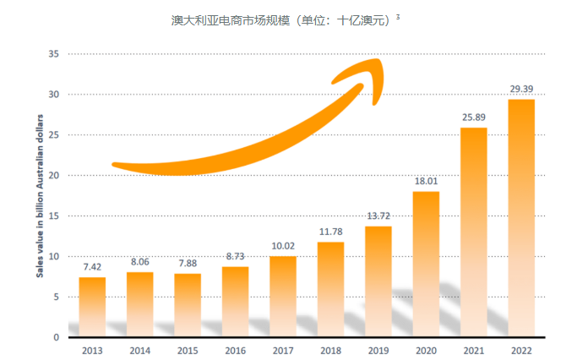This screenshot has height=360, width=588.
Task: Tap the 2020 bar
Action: pyautogui.click(x=426, y=264)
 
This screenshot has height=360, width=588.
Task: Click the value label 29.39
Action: pyautogui.click(x=520, y=89)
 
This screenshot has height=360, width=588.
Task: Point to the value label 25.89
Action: pyautogui.click(x=473, y=117)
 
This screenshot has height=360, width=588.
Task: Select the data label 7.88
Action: pyautogui.click(x=188, y=263)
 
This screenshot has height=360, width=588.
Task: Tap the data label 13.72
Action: pyautogui.click(x=378, y=215)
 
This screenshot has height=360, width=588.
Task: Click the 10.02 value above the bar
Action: pyautogui.click(x=283, y=245)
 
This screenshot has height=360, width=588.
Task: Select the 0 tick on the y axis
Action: pyautogui.click(x=56, y=337)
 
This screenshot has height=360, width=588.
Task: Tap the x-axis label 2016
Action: pyautogui.click(x=235, y=349)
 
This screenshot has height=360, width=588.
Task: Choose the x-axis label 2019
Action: pyautogui.click(x=378, y=349)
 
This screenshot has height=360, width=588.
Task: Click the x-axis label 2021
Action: pyautogui.click(x=473, y=349)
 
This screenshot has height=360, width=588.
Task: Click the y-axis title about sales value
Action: pyautogui.click(x=39, y=196)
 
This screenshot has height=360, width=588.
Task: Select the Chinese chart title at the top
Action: pyautogui.click(x=280, y=19)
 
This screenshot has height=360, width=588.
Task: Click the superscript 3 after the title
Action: pyautogui.click(x=397, y=14)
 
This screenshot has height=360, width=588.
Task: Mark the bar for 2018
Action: pyautogui.click(x=330, y=289)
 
